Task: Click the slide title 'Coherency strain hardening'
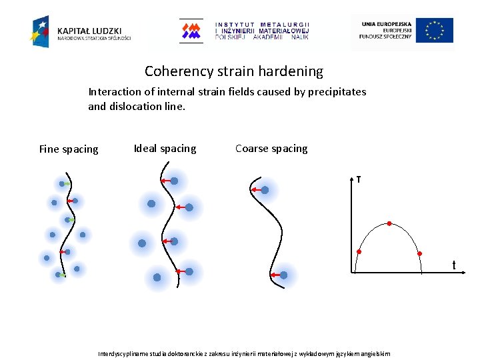coord(233,71)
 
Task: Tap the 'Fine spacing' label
coord(69,149)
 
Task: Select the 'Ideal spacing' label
coord(165,149)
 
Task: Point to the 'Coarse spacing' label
coord(271,149)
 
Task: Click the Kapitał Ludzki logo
coord(80,31)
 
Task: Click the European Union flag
coord(435,31)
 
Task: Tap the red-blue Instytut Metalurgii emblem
coord(191,31)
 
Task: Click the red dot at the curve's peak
coord(390,224)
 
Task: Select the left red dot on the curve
coord(359,252)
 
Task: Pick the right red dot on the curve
coord(420,253)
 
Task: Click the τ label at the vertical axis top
coord(359,179)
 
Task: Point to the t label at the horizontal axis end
coord(454,266)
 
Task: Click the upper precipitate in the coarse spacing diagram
coord(265,190)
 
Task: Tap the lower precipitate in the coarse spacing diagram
coord(283,275)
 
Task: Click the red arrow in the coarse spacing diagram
coord(255,191)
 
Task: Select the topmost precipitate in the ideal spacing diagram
coord(174,181)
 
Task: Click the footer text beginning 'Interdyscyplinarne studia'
coord(244,353)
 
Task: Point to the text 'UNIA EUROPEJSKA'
coord(387,24)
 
